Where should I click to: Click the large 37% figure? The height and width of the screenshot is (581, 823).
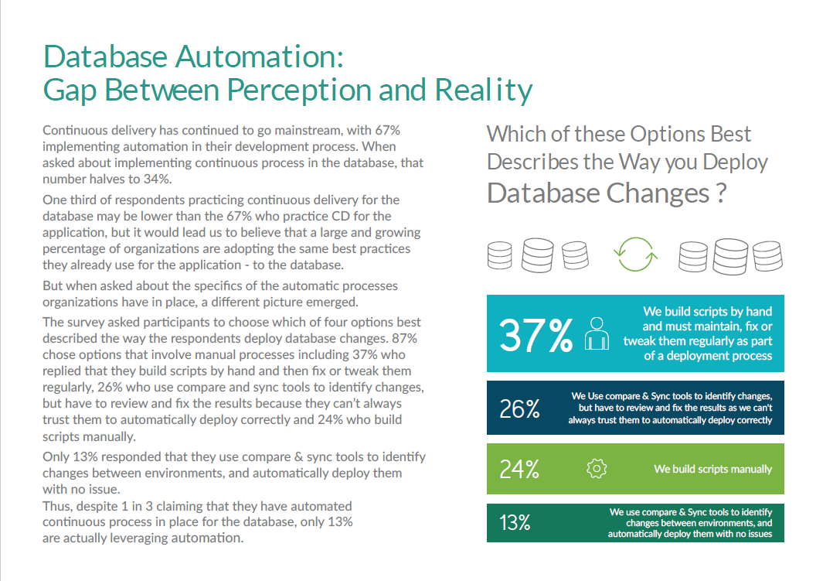pyautogui.click(x=536, y=334)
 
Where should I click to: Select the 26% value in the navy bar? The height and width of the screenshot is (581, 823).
pyautogui.click(x=519, y=408)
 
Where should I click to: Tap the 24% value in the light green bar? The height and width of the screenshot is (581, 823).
pyautogui.click(x=519, y=469)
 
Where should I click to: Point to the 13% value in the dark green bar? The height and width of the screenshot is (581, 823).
pyautogui.click(x=515, y=523)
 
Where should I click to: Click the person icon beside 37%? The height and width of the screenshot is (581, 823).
pyautogui.click(x=596, y=333)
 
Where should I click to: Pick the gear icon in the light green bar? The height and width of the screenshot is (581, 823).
pyautogui.click(x=597, y=469)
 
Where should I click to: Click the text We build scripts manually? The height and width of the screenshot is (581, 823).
pyautogui.click(x=712, y=469)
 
